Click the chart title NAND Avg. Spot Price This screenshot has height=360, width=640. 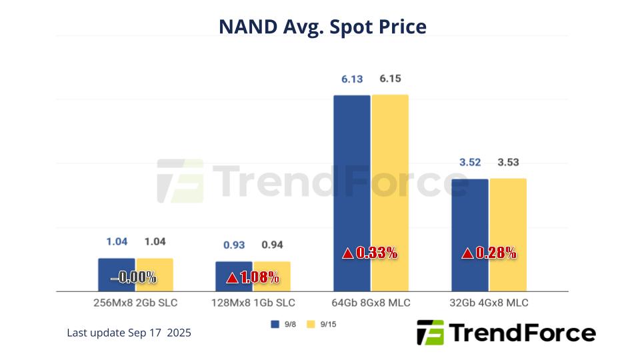click(323, 27)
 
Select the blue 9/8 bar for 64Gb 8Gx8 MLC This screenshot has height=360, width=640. click(352, 173)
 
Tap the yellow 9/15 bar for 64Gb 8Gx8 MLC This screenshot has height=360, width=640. click(390, 173)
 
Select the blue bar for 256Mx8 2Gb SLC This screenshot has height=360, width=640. click(117, 266)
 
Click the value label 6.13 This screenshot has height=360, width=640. click(352, 79)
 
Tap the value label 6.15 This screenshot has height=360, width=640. click(390, 79)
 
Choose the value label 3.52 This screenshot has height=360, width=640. click(469, 162)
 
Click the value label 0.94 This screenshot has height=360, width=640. click(272, 245)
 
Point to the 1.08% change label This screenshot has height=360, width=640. click(259, 278)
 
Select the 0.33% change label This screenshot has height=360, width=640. click(377, 253)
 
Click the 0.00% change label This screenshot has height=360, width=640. click(137, 277)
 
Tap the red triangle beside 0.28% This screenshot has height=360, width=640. click(468, 253)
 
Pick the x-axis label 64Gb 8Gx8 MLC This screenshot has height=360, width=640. click(371, 303)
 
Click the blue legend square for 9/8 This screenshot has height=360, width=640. click(274, 325)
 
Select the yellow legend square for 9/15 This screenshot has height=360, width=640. click(311, 325)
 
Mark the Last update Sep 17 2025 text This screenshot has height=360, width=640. click(129, 333)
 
